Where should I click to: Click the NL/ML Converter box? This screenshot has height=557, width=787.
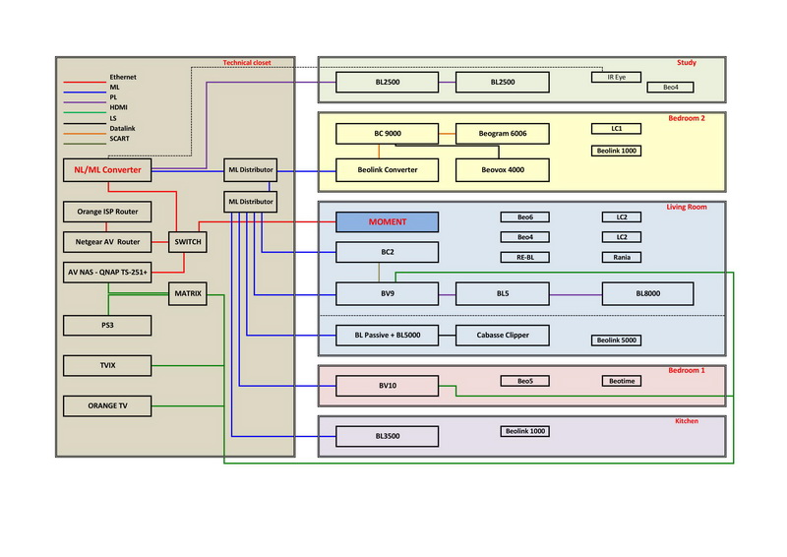pyautogui.click(x=109, y=170)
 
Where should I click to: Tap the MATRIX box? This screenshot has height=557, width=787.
pyautogui.click(x=187, y=293)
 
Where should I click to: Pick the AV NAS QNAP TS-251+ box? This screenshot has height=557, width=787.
pyautogui.click(x=108, y=271)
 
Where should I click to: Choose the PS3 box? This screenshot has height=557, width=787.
pyautogui.click(x=107, y=325)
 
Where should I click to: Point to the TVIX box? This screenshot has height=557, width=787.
pyautogui.click(x=107, y=366)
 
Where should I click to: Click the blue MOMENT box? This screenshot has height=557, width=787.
pyautogui.click(x=387, y=222)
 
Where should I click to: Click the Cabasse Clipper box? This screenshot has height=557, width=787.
pyautogui.click(x=505, y=336)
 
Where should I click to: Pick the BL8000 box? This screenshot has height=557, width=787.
pyautogui.click(x=648, y=293)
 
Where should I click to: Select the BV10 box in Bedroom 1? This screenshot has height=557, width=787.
pyautogui.click(x=387, y=387)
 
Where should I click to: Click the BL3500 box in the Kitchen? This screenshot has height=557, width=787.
pyautogui.click(x=387, y=436)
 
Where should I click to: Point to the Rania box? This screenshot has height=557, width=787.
pyautogui.click(x=622, y=258)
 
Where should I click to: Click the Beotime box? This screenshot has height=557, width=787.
pyautogui.click(x=622, y=381)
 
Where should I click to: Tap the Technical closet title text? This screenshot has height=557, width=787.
pyautogui.click(x=247, y=62)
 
